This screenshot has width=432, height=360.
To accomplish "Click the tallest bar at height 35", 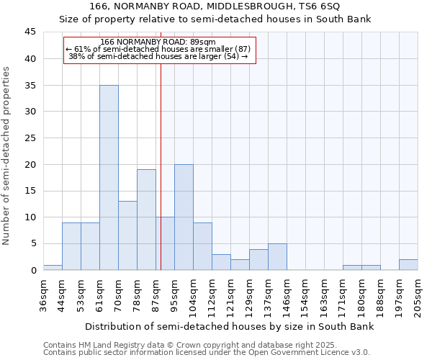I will coord(109,178).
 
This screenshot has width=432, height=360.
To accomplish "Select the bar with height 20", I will coord(184,217).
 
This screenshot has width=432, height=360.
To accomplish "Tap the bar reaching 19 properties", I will coord(146,220).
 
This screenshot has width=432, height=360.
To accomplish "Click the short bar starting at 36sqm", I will coord(53,267).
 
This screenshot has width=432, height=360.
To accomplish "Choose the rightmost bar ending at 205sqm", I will coord(408,264).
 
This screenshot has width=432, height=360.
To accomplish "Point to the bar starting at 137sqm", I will coord(277,257).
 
